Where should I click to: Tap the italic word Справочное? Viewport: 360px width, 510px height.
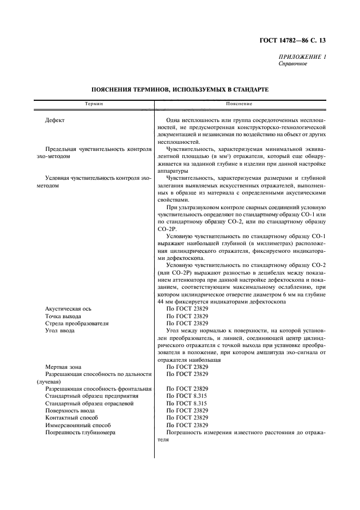click(293, 64)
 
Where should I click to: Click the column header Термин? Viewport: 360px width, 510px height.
click(93, 104)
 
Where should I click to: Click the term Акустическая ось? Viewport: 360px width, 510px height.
click(67, 309)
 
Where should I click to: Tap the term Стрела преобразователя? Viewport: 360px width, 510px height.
click(77, 323)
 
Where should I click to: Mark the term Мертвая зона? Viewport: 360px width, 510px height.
click(63, 367)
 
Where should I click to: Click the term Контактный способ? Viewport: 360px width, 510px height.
click(70, 417)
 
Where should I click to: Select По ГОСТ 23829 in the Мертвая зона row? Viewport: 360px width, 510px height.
click(187, 367)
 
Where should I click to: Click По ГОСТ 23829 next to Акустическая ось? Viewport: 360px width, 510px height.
click(187, 309)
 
